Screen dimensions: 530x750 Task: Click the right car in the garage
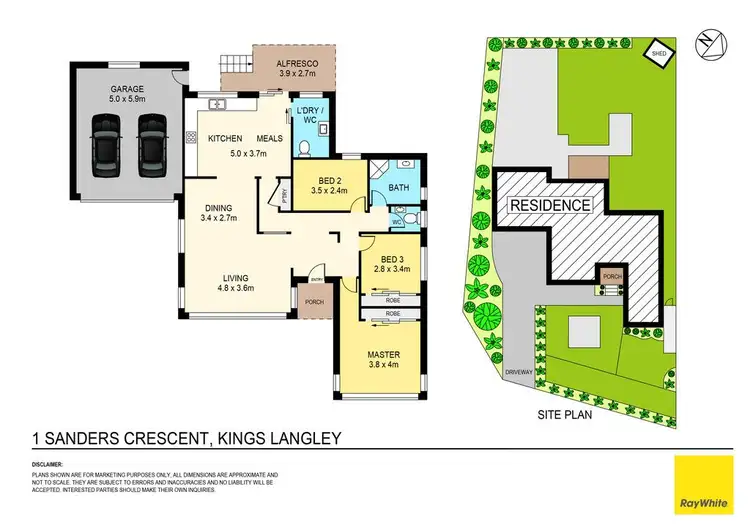[x=151, y=144]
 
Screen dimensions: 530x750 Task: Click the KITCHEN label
[x=226, y=139]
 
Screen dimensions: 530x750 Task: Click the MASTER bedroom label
[x=384, y=353]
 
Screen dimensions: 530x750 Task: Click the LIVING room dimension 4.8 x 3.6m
[x=235, y=288]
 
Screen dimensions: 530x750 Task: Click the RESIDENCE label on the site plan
[x=551, y=205]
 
